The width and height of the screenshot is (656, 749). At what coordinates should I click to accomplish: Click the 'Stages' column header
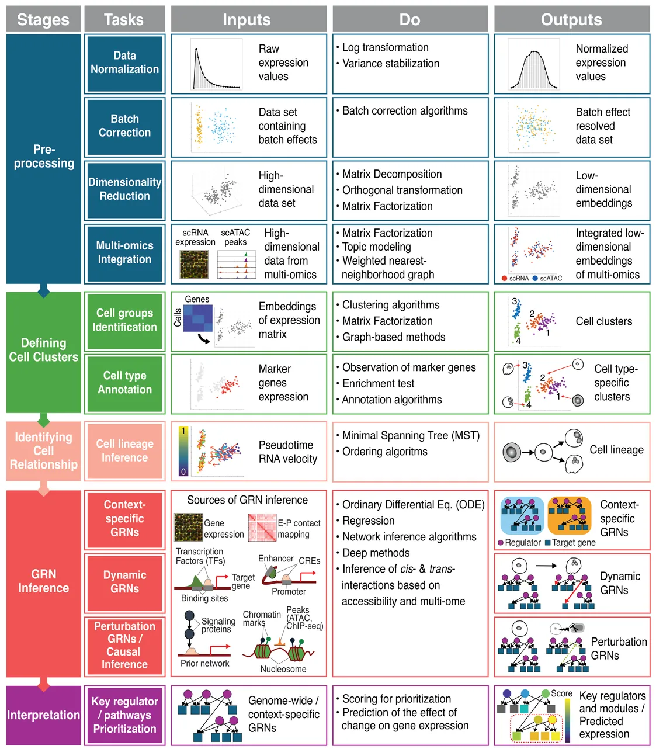(44, 19)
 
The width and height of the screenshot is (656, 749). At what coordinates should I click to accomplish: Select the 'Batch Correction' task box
(124, 127)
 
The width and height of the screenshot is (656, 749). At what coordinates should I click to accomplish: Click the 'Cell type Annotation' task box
(124, 383)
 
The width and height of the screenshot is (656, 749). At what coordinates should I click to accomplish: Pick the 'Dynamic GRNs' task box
(124, 582)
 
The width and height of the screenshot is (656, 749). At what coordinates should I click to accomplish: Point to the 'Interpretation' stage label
(44, 715)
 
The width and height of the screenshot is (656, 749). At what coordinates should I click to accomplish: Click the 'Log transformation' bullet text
(385, 47)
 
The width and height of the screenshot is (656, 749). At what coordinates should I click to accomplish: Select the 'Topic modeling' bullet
(376, 247)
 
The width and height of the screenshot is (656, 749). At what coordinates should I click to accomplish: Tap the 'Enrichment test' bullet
(378, 383)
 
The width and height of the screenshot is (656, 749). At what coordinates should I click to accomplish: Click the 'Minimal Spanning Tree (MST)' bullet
(411, 436)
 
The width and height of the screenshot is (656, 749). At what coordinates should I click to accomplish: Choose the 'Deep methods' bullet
(376, 553)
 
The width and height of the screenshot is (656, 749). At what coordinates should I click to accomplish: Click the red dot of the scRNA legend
(504, 278)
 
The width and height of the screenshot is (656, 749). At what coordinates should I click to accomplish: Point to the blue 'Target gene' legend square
(548, 542)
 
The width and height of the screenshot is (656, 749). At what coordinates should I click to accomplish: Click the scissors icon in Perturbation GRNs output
(575, 627)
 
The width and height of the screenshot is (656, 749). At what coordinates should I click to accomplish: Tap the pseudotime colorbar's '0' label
(183, 471)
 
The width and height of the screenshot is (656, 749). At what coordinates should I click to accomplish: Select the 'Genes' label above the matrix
(197, 299)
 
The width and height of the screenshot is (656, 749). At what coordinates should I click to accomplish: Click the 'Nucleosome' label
(283, 669)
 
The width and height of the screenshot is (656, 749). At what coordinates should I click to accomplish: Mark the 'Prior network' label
(204, 663)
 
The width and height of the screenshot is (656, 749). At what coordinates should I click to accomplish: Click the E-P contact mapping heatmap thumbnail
(262, 528)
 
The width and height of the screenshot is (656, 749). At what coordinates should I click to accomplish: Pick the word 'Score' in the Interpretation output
(561, 693)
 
